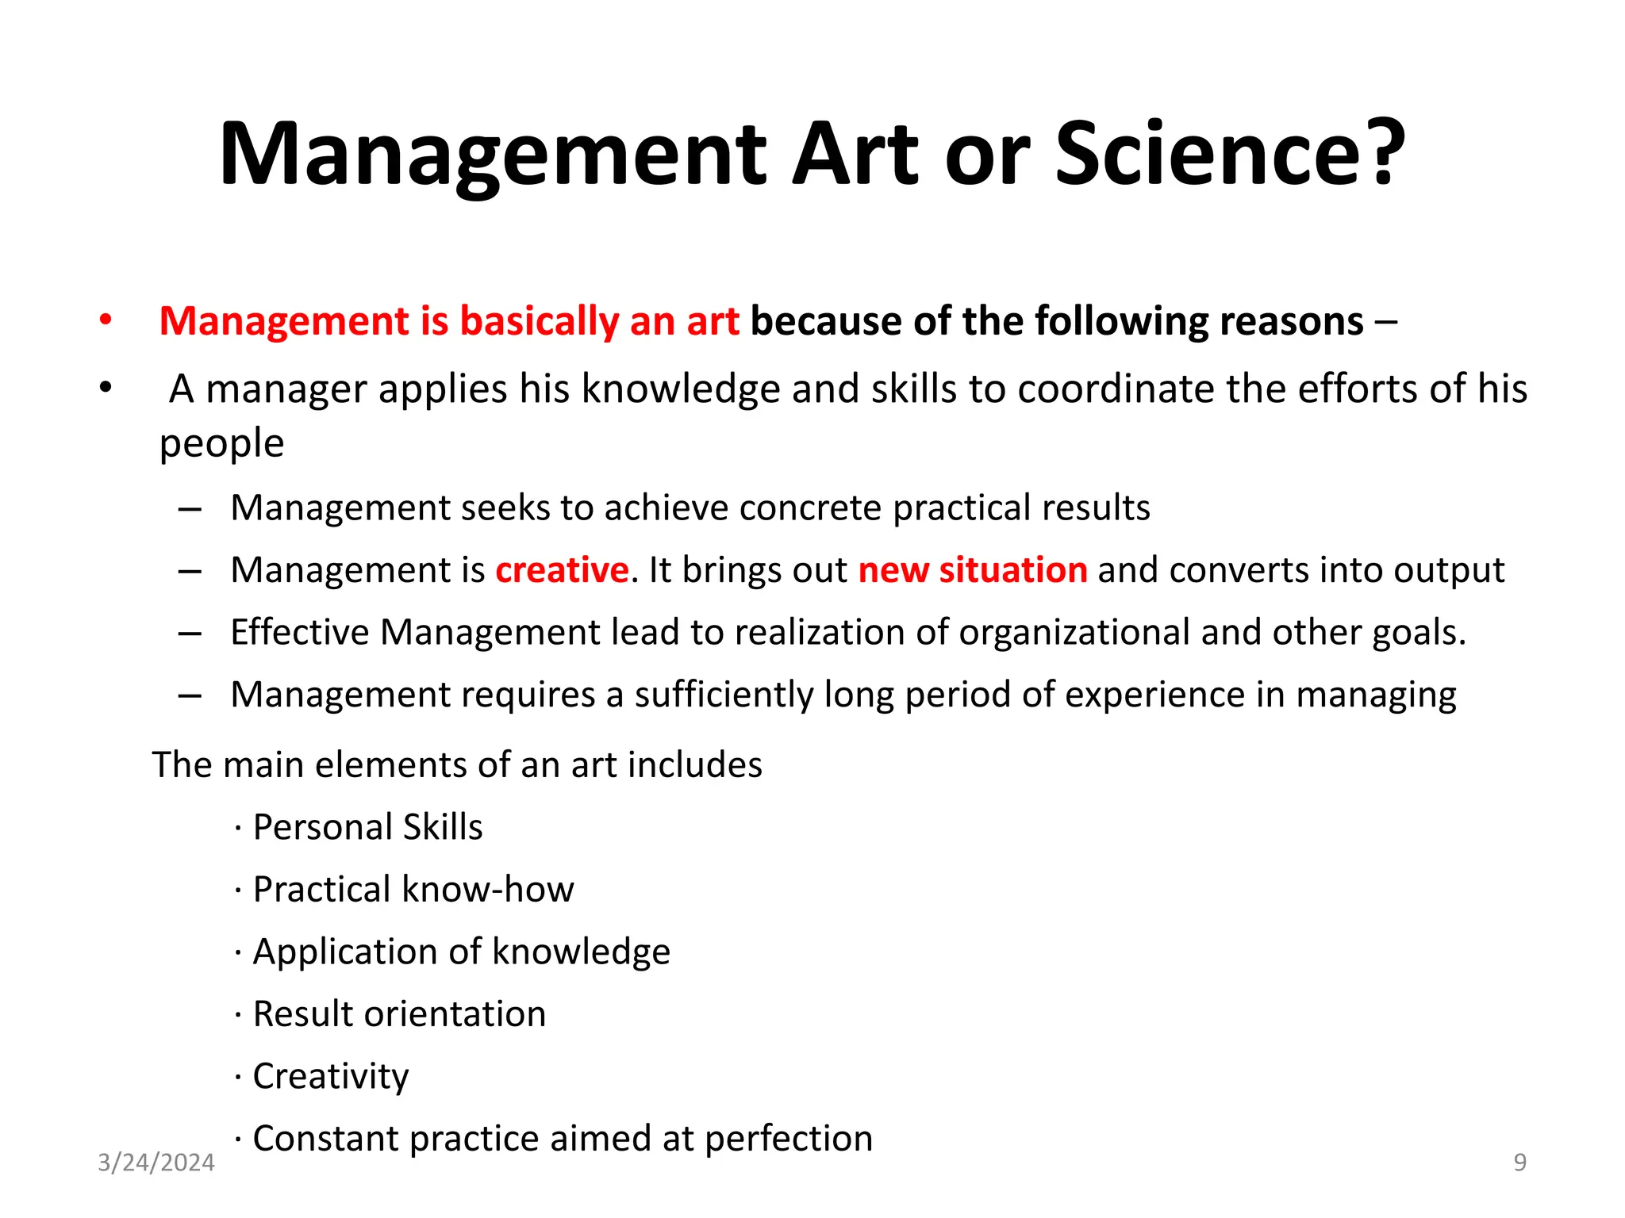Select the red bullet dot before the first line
[106, 321]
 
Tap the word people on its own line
[221, 443]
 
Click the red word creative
[562, 570]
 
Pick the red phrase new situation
[973, 570]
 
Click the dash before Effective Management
[190, 633]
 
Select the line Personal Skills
[367, 827]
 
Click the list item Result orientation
[399, 1014]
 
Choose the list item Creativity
[330, 1076]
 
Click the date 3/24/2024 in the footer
[156, 1162]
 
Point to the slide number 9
[1519, 1162]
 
